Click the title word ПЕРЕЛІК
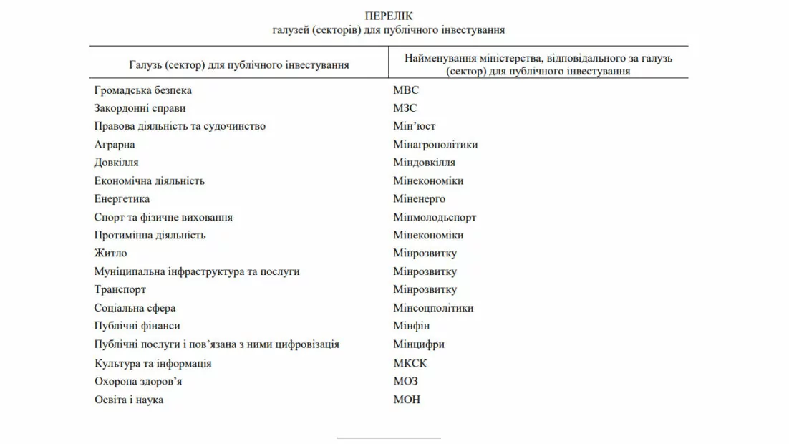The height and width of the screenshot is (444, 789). click(x=389, y=16)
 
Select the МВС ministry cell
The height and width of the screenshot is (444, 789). click(x=406, y=90)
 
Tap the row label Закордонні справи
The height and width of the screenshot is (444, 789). click(x=140, y=108)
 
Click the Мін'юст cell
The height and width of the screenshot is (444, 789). click(x=414, y=126)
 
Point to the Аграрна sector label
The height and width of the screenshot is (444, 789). click(x=115, y=145)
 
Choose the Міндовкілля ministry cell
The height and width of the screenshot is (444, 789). click(x=424, y=163)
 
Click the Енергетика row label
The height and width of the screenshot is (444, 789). click(x=122, y=199)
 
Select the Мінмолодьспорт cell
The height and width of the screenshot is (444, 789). click(x=435, y=217)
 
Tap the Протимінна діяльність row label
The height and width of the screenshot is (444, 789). click(x=150, y=235)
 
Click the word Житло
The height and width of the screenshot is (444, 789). click(x=110, y=254)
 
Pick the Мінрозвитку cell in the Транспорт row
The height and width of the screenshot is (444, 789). click(x=425, y=290)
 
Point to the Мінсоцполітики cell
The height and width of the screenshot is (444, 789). click(x=433, y=308)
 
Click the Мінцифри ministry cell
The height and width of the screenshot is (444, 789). click(x=419, y=344)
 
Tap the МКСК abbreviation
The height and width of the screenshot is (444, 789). click(x=410, y=363)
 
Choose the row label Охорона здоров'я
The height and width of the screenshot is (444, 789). click(x=138, y=381)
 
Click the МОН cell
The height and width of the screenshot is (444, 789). click(x=407, y=400)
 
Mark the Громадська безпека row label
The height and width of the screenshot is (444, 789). click(x=142, y=90)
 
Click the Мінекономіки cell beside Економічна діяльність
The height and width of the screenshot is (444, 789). click(x=428, y=181)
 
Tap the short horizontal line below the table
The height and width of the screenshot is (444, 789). click(x=389, y=437)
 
